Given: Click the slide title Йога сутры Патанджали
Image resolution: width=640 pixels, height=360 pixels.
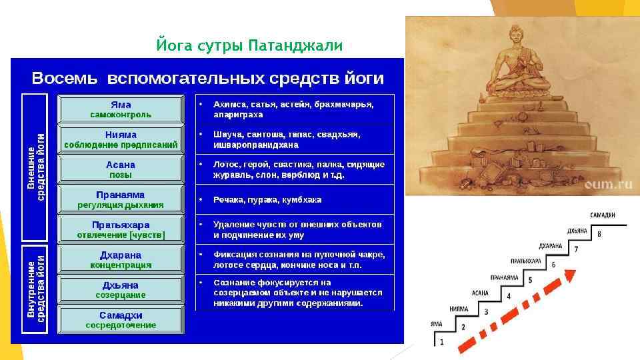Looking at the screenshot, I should pos(249,45).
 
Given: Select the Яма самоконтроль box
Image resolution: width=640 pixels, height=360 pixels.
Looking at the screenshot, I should pos(121,109).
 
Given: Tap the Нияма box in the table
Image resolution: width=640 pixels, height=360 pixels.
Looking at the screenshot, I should pos(121,139).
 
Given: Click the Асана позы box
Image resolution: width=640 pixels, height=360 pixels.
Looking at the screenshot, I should pos(121,169).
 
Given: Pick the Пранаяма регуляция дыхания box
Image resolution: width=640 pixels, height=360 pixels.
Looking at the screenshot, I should pos(121,199).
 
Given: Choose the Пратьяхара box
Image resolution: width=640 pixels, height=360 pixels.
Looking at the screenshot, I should pos(121,229).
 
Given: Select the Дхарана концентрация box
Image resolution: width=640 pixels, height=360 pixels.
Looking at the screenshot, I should pos(121,259).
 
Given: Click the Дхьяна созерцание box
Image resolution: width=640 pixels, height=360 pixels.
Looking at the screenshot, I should pos(121,289).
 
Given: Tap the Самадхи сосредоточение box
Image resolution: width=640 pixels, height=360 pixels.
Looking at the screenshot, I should pos(121,319).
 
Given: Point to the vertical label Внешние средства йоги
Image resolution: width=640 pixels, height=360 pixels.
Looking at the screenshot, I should pos(35,167).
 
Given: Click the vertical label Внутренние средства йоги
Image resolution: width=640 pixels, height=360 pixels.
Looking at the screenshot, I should pos(35,289).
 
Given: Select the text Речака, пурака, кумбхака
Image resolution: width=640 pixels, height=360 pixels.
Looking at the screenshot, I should pos(267,199).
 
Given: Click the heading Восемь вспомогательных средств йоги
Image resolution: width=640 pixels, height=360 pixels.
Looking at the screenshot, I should pos(208,78).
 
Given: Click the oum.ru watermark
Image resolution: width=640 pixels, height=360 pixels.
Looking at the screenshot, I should pos(608,184).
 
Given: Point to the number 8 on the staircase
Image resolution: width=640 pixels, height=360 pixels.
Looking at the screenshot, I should pos(599,234).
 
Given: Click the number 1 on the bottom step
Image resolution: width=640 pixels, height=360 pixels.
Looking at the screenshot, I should pos(441,341).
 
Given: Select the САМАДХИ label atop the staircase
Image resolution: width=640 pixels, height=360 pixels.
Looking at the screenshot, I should pos(603,215).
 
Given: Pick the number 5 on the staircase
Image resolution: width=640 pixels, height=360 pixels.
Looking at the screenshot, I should pos(530,280).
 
